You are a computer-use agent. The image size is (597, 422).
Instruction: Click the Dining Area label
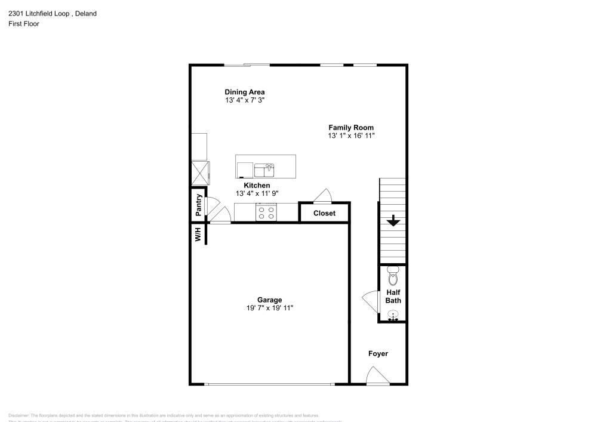pyautogui.click(x=244, y=92)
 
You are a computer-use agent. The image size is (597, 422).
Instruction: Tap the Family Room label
pyautogui.click(x=351, y=127)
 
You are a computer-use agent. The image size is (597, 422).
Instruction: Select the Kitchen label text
pyautogui.click(x=257, y=186)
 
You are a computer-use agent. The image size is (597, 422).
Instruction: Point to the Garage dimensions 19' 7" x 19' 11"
pyautogui.click(x=269, y=308)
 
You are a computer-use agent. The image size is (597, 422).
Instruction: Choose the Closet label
pyautogui.click(x=324, y=213)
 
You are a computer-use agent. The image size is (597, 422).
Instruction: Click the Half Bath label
pyautogui.click(x=393, y=296)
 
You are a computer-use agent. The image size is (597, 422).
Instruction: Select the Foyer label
pyautogui.click(x=378, y=354)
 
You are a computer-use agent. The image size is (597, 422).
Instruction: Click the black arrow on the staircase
pyautogui.click(x=393, y=221)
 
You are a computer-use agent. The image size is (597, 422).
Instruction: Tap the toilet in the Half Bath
pyautogui.click(x=393, y=276)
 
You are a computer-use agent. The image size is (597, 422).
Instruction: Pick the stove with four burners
pyautogui.click(x=266, y=212)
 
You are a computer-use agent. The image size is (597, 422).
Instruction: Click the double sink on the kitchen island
pyautogui.click(x=264, y=170)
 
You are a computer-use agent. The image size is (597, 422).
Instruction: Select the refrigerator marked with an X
pyautogui.click(x=199, y=173)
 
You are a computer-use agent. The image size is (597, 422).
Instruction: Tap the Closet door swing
pyautogui.click(x=322, y=196)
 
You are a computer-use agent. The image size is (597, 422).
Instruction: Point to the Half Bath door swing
pyautogui.click(x=371, y=300)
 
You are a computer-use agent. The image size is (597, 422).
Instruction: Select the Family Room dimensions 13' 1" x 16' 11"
pyautogui.click(x=351, y=136)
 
